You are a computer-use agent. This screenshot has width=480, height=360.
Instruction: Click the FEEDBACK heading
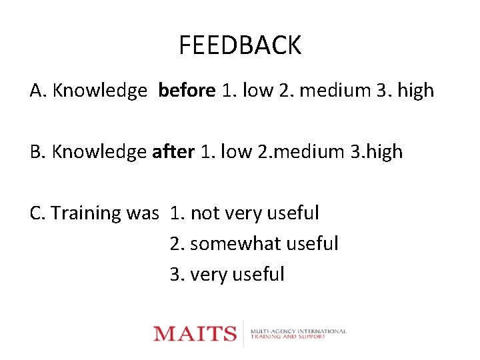click(x=240, y=45)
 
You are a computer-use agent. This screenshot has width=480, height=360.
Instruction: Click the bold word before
click(x=187, y=90)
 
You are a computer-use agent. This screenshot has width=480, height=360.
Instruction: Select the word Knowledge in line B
click(x=99, y=152)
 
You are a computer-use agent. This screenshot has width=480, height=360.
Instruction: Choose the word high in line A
click(x=415, y=90)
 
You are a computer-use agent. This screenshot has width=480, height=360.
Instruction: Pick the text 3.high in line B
click(x=376, y=152)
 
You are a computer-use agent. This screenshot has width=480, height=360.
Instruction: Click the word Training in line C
click(x=87, y=213)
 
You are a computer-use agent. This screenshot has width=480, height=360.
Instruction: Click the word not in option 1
click(x=204, y=213)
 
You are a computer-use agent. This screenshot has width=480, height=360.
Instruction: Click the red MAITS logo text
click(x=195, y=333)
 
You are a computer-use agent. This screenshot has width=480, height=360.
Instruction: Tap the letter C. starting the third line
click(x=37, y=213)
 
